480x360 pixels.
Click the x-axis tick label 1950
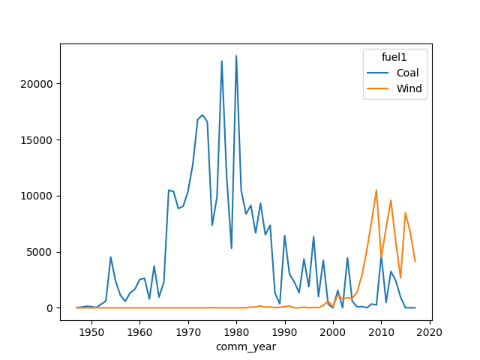(x=91, y=332)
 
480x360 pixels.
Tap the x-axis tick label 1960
(x=139, y=332)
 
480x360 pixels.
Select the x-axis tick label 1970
(x=188, y=332)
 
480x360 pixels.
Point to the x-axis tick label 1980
(x=236, y=332)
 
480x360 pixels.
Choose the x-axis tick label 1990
(x=284, y=332)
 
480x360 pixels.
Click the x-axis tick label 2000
(x=333, y=332)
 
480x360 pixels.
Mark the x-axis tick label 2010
(x=381, y=332)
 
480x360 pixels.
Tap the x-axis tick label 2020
(x=429, y=332)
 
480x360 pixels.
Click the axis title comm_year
(x=246, y=346)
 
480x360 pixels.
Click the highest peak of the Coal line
(x=236, y=55)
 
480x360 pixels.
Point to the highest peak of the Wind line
(x=376, y=190)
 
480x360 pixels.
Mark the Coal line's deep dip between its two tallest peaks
(x=231, y=248)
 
